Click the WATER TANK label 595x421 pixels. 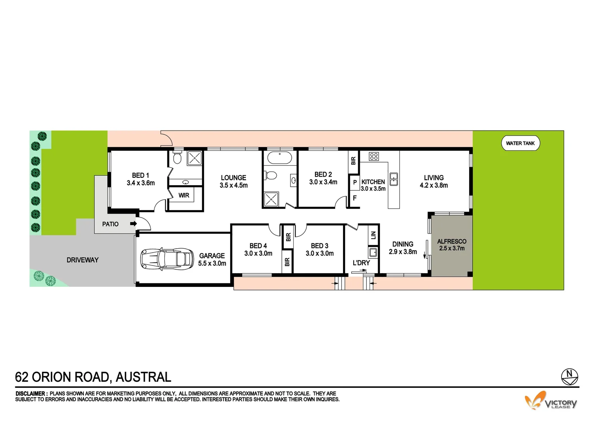(x=520, y=143)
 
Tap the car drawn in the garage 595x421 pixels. (x=167, y=258)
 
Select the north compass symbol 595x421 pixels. (x=569, y=377)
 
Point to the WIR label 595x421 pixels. (x=184, y=195)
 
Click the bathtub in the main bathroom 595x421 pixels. (x=279, y=159)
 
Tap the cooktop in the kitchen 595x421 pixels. (x=374, y=156)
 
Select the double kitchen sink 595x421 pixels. (x=394, y=179)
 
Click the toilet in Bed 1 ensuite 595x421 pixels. (x=177, y=158)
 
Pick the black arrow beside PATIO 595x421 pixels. (x=133, y=224)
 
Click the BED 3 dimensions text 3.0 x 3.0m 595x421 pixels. (x=319, y=253)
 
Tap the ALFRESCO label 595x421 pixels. (x=452, y=242)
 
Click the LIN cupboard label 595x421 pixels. (x=373, y=235)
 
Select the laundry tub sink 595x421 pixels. (x=373, y=252)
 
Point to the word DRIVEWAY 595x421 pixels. (x=83, y=260)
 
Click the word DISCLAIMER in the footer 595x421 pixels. (x=31, y=394)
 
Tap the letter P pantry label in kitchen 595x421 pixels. (x=355, y=182)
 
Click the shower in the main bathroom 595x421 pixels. (x=272, y=200)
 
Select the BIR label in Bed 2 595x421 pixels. (x=353, y=160)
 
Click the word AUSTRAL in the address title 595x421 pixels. (x=143, y=377)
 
